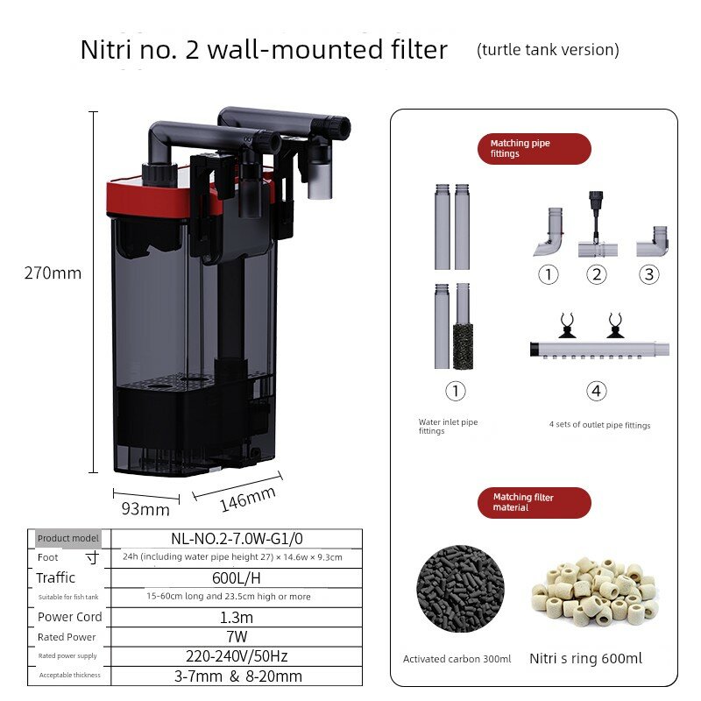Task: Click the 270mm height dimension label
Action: tap(53, 273)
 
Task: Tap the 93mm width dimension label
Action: tap(145, 509)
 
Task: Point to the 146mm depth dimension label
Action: tap(248, 499)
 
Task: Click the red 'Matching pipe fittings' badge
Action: tap(535, 148)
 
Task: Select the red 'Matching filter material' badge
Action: tap(535, 502)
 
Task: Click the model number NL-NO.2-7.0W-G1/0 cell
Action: tap(237, 539)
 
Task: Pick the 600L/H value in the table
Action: tap(237, 578)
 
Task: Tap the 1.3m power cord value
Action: tap(237, 618)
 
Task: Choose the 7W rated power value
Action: tap(237, 637)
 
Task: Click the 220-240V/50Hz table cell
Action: tap(237, 656)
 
